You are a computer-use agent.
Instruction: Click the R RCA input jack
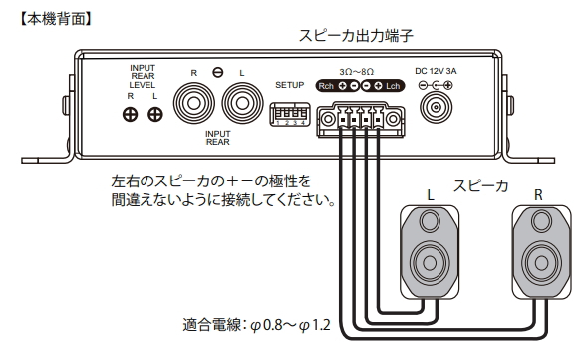194,103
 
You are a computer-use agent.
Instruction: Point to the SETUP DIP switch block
286,114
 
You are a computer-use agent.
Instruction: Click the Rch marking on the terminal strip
326,87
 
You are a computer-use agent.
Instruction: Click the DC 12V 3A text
435,71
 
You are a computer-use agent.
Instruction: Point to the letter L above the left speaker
429,190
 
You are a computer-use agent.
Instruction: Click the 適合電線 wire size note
262,324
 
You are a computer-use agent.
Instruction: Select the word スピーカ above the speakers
480,185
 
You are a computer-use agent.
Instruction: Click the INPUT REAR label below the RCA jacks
218,137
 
